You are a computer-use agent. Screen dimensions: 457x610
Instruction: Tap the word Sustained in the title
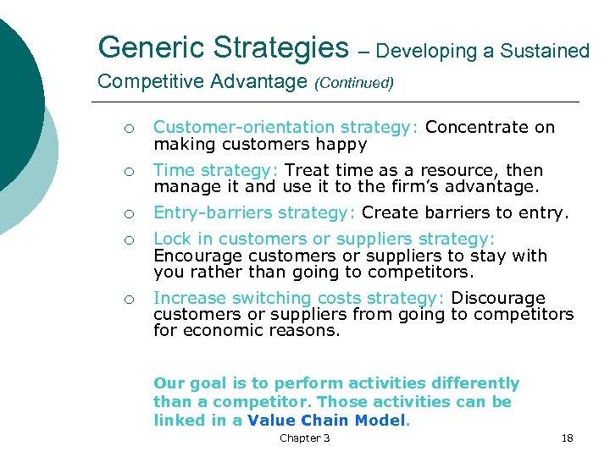pyautogui.click(x=546, y=51)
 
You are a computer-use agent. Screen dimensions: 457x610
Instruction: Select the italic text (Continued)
pyautogui.click(x=353, y=83)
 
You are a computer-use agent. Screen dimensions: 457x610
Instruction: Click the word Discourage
pyautogui.click(x=498, y=298)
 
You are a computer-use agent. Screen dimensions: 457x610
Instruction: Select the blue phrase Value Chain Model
pyautogui.click(x=327, y=421)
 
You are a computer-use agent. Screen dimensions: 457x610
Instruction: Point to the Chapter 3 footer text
pyautogui.click(x=305, y=438)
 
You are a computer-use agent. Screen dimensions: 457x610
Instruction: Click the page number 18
pyautogui.click(x=567, y=438)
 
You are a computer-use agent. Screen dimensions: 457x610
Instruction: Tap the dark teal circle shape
pyautogui.click(x=17, y=93)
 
